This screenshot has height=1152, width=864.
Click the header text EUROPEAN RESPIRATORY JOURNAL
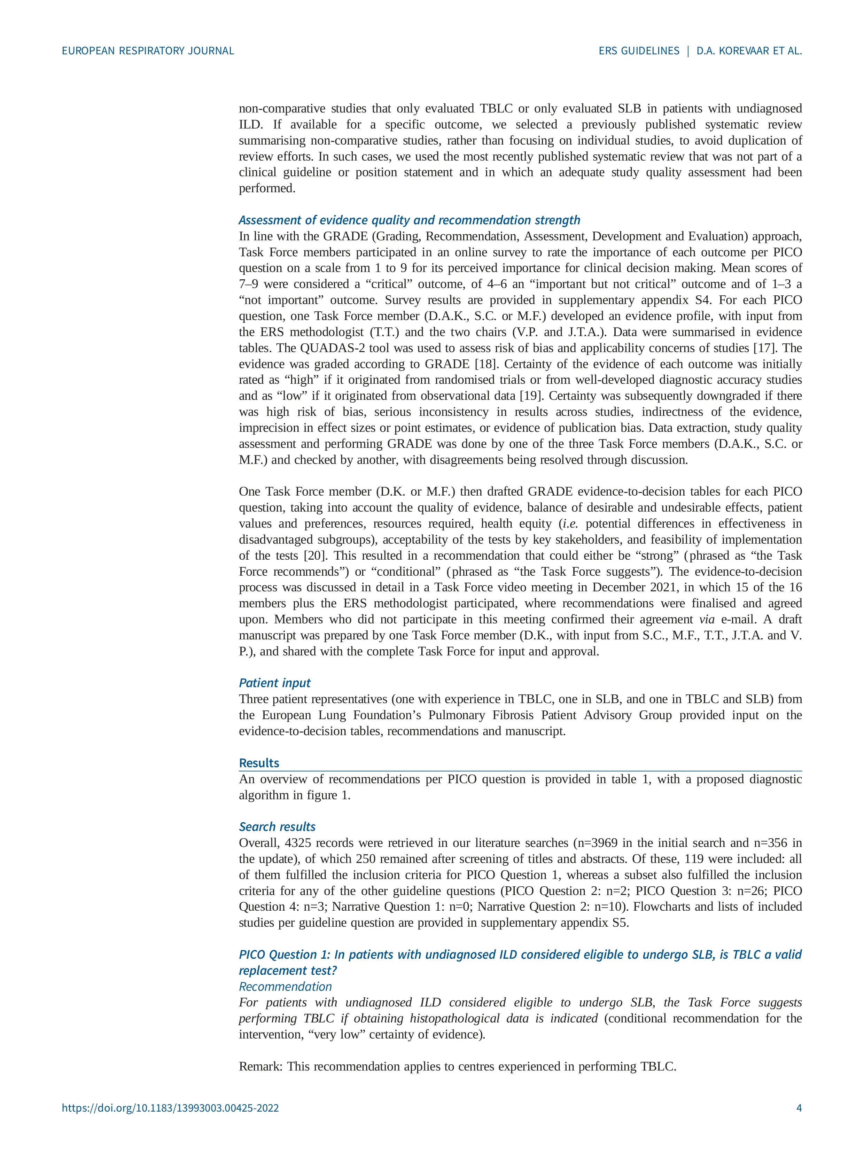[148, 51]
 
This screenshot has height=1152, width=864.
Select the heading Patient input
[274, 683]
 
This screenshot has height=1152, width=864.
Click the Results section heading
[259, 763]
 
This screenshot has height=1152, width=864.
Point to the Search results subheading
[277, 826]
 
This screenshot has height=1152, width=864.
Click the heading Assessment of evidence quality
[409, 220]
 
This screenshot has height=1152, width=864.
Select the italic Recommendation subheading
[285, 986]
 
